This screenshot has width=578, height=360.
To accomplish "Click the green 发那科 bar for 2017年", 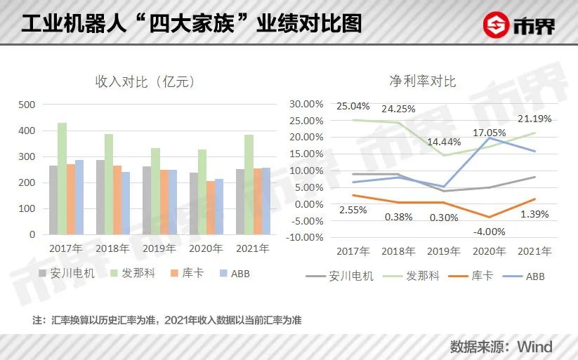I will click(x=62, y=178).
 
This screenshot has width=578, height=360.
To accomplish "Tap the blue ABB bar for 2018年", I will click(x=126, y=203).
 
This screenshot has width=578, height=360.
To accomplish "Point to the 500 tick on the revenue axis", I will click(x=27, y=105).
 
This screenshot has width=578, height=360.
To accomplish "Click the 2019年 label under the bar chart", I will click(x=159, y=248).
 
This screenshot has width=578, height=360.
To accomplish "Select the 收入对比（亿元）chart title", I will click(x=145, y=81).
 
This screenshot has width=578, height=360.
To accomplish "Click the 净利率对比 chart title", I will click(x=422, y=81).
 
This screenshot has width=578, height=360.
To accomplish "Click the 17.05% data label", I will click(x=489, y=132).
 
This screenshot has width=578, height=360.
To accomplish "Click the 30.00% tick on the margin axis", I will click(x=306, y=103).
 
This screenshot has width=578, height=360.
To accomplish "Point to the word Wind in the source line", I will click(x=534, y=347).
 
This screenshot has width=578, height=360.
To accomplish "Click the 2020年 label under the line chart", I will click(x=489, y=251).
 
